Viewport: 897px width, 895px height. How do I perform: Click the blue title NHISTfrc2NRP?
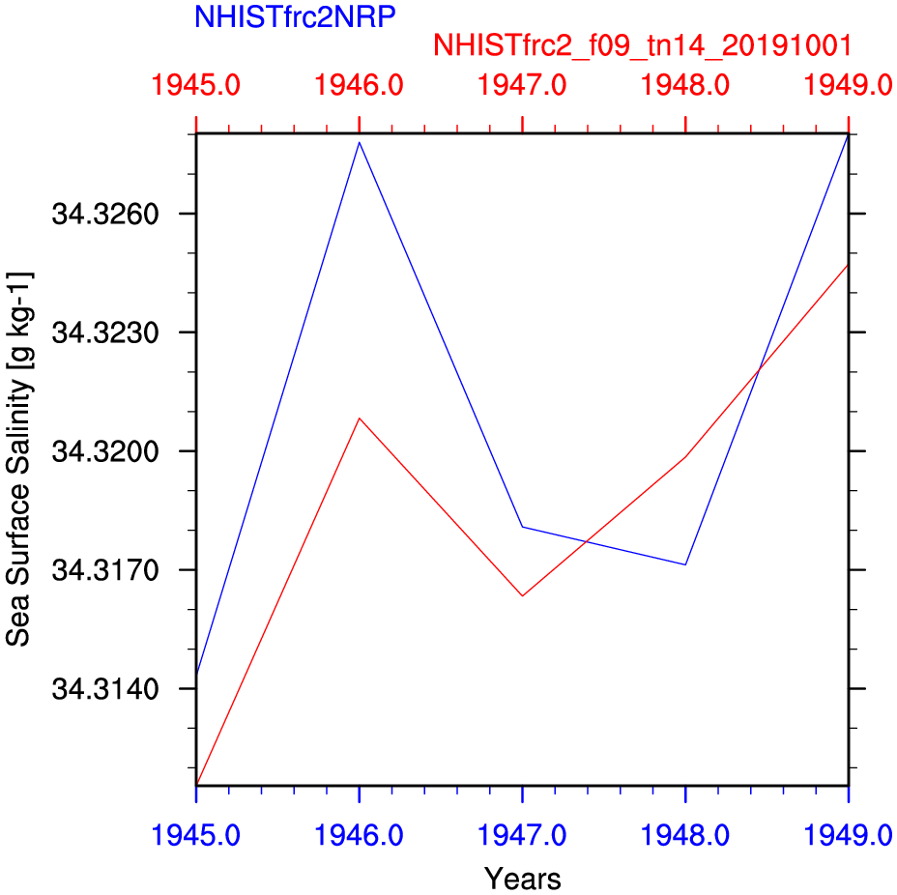295,16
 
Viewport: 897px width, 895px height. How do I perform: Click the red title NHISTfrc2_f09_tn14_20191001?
643,45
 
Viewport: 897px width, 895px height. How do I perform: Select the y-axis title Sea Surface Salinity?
20,459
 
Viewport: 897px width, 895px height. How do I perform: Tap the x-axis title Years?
522,879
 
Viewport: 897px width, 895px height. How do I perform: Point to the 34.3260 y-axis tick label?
97,214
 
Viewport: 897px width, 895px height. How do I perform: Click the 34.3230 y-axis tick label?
97,332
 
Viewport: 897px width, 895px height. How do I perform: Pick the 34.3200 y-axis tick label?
97,451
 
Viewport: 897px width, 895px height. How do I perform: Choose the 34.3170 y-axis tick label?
97,570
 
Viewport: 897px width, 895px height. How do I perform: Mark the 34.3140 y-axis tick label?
97,689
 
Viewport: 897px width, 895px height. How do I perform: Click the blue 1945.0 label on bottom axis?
196,833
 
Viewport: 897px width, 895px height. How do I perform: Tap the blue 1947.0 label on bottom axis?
522,833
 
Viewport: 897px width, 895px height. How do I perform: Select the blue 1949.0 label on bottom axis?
847,833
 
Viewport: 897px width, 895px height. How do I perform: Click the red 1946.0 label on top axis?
360,86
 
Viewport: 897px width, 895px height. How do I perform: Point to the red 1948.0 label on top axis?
685,86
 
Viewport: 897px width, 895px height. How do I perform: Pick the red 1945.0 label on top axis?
196,86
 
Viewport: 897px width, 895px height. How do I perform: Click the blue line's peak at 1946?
360,142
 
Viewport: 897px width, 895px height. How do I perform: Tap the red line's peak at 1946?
360,419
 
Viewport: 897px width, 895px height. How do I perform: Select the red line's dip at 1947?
522,595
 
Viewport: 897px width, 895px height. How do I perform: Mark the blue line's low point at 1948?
685,564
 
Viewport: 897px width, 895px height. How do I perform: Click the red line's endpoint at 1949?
847,264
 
